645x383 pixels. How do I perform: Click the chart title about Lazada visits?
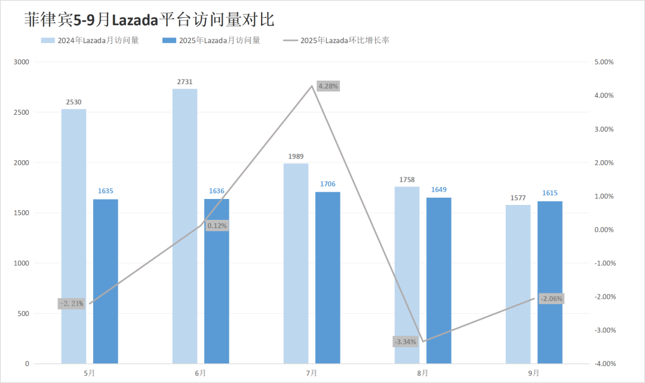[149, 19]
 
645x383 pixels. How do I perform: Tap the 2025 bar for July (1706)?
[328, 277]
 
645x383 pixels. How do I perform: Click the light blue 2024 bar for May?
[73, 236]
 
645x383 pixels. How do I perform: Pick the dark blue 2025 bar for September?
[550, 282]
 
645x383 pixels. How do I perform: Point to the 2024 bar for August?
[407, 275]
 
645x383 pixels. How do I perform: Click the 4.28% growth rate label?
[328, 86]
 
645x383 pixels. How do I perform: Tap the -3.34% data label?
[406, 342]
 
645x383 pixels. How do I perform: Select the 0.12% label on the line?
[217, 226]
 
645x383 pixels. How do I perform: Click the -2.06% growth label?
[551, 298]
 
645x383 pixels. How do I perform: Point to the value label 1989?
[296, 156]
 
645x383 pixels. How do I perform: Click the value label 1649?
[439, 190]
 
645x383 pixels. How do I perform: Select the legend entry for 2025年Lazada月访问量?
[211, 41]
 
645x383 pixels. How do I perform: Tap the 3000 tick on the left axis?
[21, 62]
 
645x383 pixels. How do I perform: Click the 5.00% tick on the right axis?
[606, 62]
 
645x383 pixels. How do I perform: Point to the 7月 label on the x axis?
[312, 373]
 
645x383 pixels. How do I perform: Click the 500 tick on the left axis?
[24, 313]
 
